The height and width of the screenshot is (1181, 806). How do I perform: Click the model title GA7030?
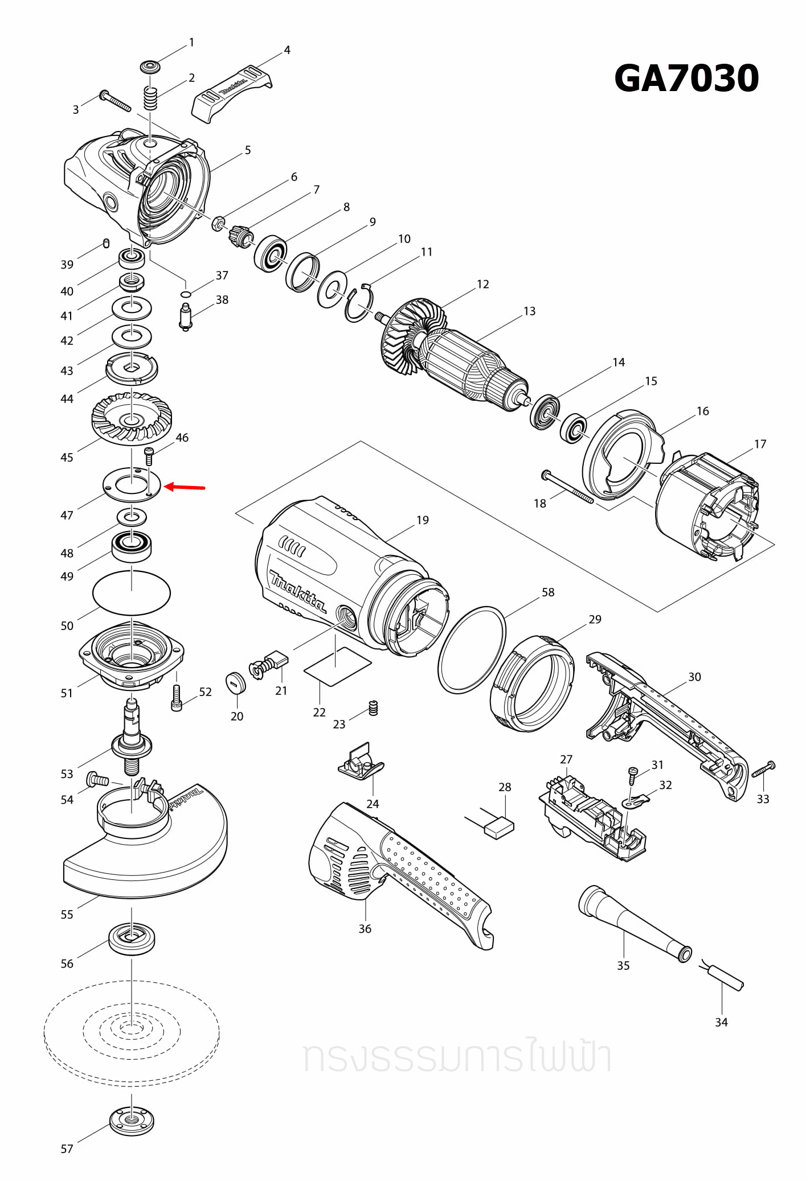pos(686,78)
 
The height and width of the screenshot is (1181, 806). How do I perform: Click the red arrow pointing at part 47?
pos(185,487)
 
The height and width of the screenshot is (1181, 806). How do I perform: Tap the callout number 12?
pos(482,284)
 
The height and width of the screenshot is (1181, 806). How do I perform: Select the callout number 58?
pos(547,592)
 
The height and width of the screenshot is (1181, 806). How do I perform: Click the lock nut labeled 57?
pos(132,1120)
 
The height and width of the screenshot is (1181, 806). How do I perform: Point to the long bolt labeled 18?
pos(568,487)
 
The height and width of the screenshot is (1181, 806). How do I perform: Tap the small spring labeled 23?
pos(374,707)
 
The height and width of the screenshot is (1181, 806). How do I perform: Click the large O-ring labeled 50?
pos(132,593)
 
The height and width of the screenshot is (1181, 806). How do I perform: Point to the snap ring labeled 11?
pos(358,305)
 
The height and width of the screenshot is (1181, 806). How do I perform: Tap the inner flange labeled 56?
pos(132,939)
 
